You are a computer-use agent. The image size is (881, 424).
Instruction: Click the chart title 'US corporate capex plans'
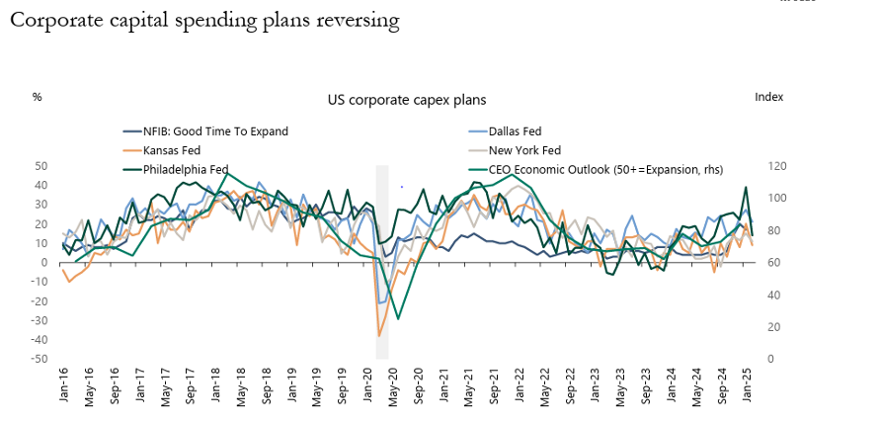[406, 100]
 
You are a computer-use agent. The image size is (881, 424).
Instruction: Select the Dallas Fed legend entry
[516, 130]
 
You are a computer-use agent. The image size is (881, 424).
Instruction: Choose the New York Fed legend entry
[525, 150]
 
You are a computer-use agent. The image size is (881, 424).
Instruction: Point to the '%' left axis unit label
[38, 97]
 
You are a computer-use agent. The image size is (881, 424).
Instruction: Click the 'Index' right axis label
[768, 97]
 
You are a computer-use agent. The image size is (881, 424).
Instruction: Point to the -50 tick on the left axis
[42, 359]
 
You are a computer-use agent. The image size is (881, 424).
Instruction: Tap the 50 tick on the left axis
[42, 166]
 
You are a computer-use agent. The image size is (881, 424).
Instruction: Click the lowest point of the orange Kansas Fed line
[379, 336]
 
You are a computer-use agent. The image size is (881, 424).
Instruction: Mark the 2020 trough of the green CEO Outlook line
[398, 318]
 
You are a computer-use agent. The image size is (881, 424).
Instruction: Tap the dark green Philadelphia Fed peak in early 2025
[746, 188]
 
